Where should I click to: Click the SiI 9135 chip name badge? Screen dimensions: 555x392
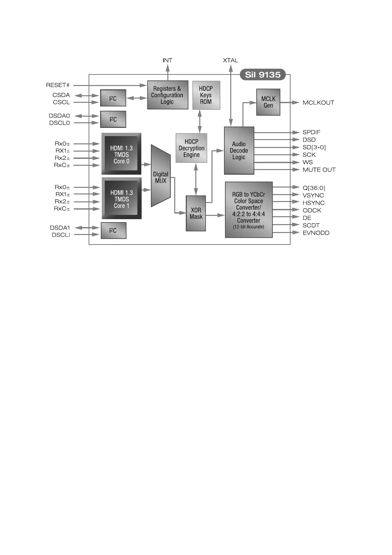(263, 74)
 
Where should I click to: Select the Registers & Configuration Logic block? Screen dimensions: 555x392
(168, 95)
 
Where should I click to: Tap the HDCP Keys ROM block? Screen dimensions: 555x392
(206, 95)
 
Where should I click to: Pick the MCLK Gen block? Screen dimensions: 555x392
(268, 102)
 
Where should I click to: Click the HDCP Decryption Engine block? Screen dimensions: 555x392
(191, 148)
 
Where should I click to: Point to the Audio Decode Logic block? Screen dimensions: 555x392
(239, 151)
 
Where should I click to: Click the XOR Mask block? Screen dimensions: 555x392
(196, 213)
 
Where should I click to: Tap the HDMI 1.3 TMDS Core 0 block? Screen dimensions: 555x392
(121, 154)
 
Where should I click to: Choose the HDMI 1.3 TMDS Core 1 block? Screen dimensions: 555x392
(122, 198)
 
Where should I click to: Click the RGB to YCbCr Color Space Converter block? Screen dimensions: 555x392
(249, 210)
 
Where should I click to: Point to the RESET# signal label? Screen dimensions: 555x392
(58, 85)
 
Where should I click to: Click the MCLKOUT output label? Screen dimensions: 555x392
(318, 103)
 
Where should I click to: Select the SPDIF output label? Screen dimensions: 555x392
(311, 132)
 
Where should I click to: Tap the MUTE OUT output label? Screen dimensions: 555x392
(319, 170)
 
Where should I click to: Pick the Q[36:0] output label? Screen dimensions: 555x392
(314, 188)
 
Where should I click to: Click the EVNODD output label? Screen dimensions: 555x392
(316, 233)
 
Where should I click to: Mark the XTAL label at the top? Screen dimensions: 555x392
(230, 60)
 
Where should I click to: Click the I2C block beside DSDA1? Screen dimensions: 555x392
(113, 231)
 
